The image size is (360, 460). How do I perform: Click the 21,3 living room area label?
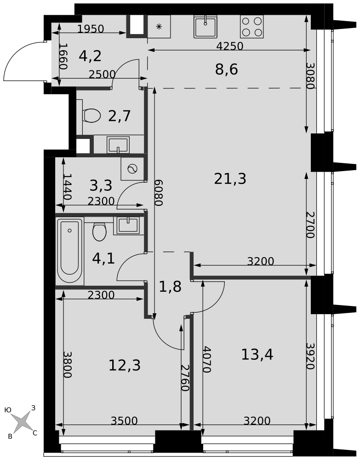[230, 178]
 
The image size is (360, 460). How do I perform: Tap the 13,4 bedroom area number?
[257, 354]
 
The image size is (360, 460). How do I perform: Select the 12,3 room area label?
[125, 365]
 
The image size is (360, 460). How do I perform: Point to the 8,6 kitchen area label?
[226, 69]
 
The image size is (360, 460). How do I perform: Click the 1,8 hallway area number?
[170, 287]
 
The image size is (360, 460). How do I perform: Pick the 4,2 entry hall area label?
[90, 56]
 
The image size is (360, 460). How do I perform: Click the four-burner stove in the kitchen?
[252, 26]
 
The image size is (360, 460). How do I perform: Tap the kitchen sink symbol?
[205, 26]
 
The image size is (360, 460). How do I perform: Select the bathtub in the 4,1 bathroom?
[70, 251]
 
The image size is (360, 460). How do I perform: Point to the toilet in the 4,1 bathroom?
[99, 231]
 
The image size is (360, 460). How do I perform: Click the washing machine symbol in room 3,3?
[132, 169]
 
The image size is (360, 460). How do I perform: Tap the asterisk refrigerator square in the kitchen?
[159, 26]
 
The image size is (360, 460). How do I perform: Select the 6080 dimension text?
[158, 193]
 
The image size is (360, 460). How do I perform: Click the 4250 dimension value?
[230, 46]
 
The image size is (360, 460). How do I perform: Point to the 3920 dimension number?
[310, 356]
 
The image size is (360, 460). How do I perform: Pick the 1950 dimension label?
[91, 29]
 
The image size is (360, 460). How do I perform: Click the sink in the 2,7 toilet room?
[118, 144]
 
